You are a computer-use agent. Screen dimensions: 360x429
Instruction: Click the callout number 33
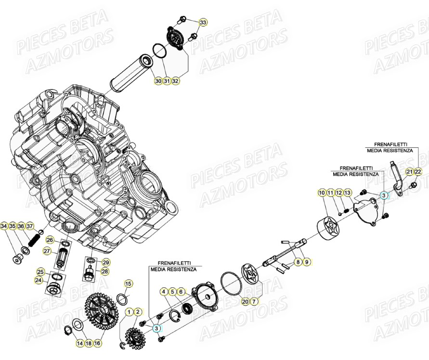pos(203,23)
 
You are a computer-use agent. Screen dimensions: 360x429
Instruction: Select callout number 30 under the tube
pos(158,81)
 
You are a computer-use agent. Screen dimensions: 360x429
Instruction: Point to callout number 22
pos(418,172)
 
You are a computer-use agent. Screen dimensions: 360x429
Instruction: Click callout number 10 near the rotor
pos(322,193)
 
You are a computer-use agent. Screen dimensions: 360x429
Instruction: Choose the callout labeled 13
pos(348,193)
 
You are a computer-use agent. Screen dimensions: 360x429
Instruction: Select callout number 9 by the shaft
pos(307,262)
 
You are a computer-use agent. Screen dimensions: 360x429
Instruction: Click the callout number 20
pos(246,302)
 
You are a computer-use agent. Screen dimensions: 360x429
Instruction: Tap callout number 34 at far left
pos(4,226)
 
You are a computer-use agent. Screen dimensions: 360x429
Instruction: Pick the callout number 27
pos(47,251)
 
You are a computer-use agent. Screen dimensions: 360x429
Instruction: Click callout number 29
pos(106,262)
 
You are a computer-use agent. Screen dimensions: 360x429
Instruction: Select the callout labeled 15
pos(128,284)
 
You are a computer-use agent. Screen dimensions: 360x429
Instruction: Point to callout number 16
pos(97,344)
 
